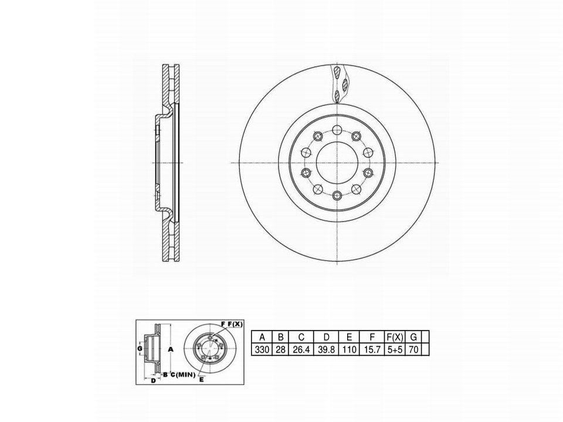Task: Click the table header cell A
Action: click(x=262, y=337)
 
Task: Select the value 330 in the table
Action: click(x=262, y=349)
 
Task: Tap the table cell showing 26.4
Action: click(x=301, y=349)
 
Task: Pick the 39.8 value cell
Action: click(x=327, y=349)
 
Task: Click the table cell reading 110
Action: click(x=350, y=349)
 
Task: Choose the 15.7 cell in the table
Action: click(x=372, y=349)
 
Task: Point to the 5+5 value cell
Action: click(x=395, y=349)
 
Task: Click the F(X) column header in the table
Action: click(x=395, y=337)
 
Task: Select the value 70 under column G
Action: click(x=413, y=349)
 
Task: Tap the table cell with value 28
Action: click(x=281, y=349)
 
